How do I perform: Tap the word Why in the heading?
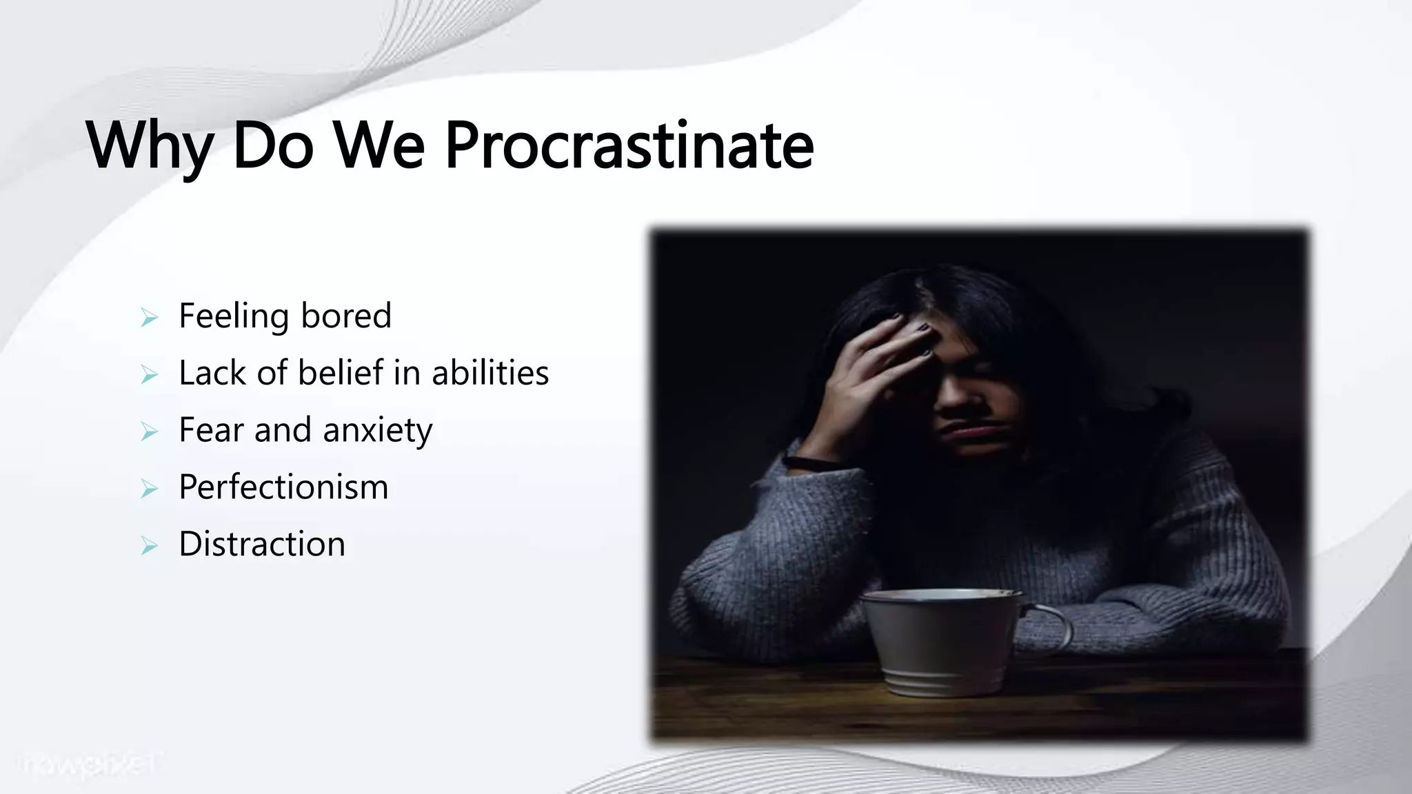[149, 146]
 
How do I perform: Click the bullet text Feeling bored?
[285, 316]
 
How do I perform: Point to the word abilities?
[490, 373]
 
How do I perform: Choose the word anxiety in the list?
[377, 431]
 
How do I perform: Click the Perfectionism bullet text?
[283, 487]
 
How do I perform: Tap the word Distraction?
[262, 544]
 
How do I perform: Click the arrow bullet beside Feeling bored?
[149, 318]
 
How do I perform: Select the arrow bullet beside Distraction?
[149, 547]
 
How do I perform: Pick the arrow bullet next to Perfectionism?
[149, 489]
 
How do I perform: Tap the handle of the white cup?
[1051, 624]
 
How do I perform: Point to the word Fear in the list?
[211, 430]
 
